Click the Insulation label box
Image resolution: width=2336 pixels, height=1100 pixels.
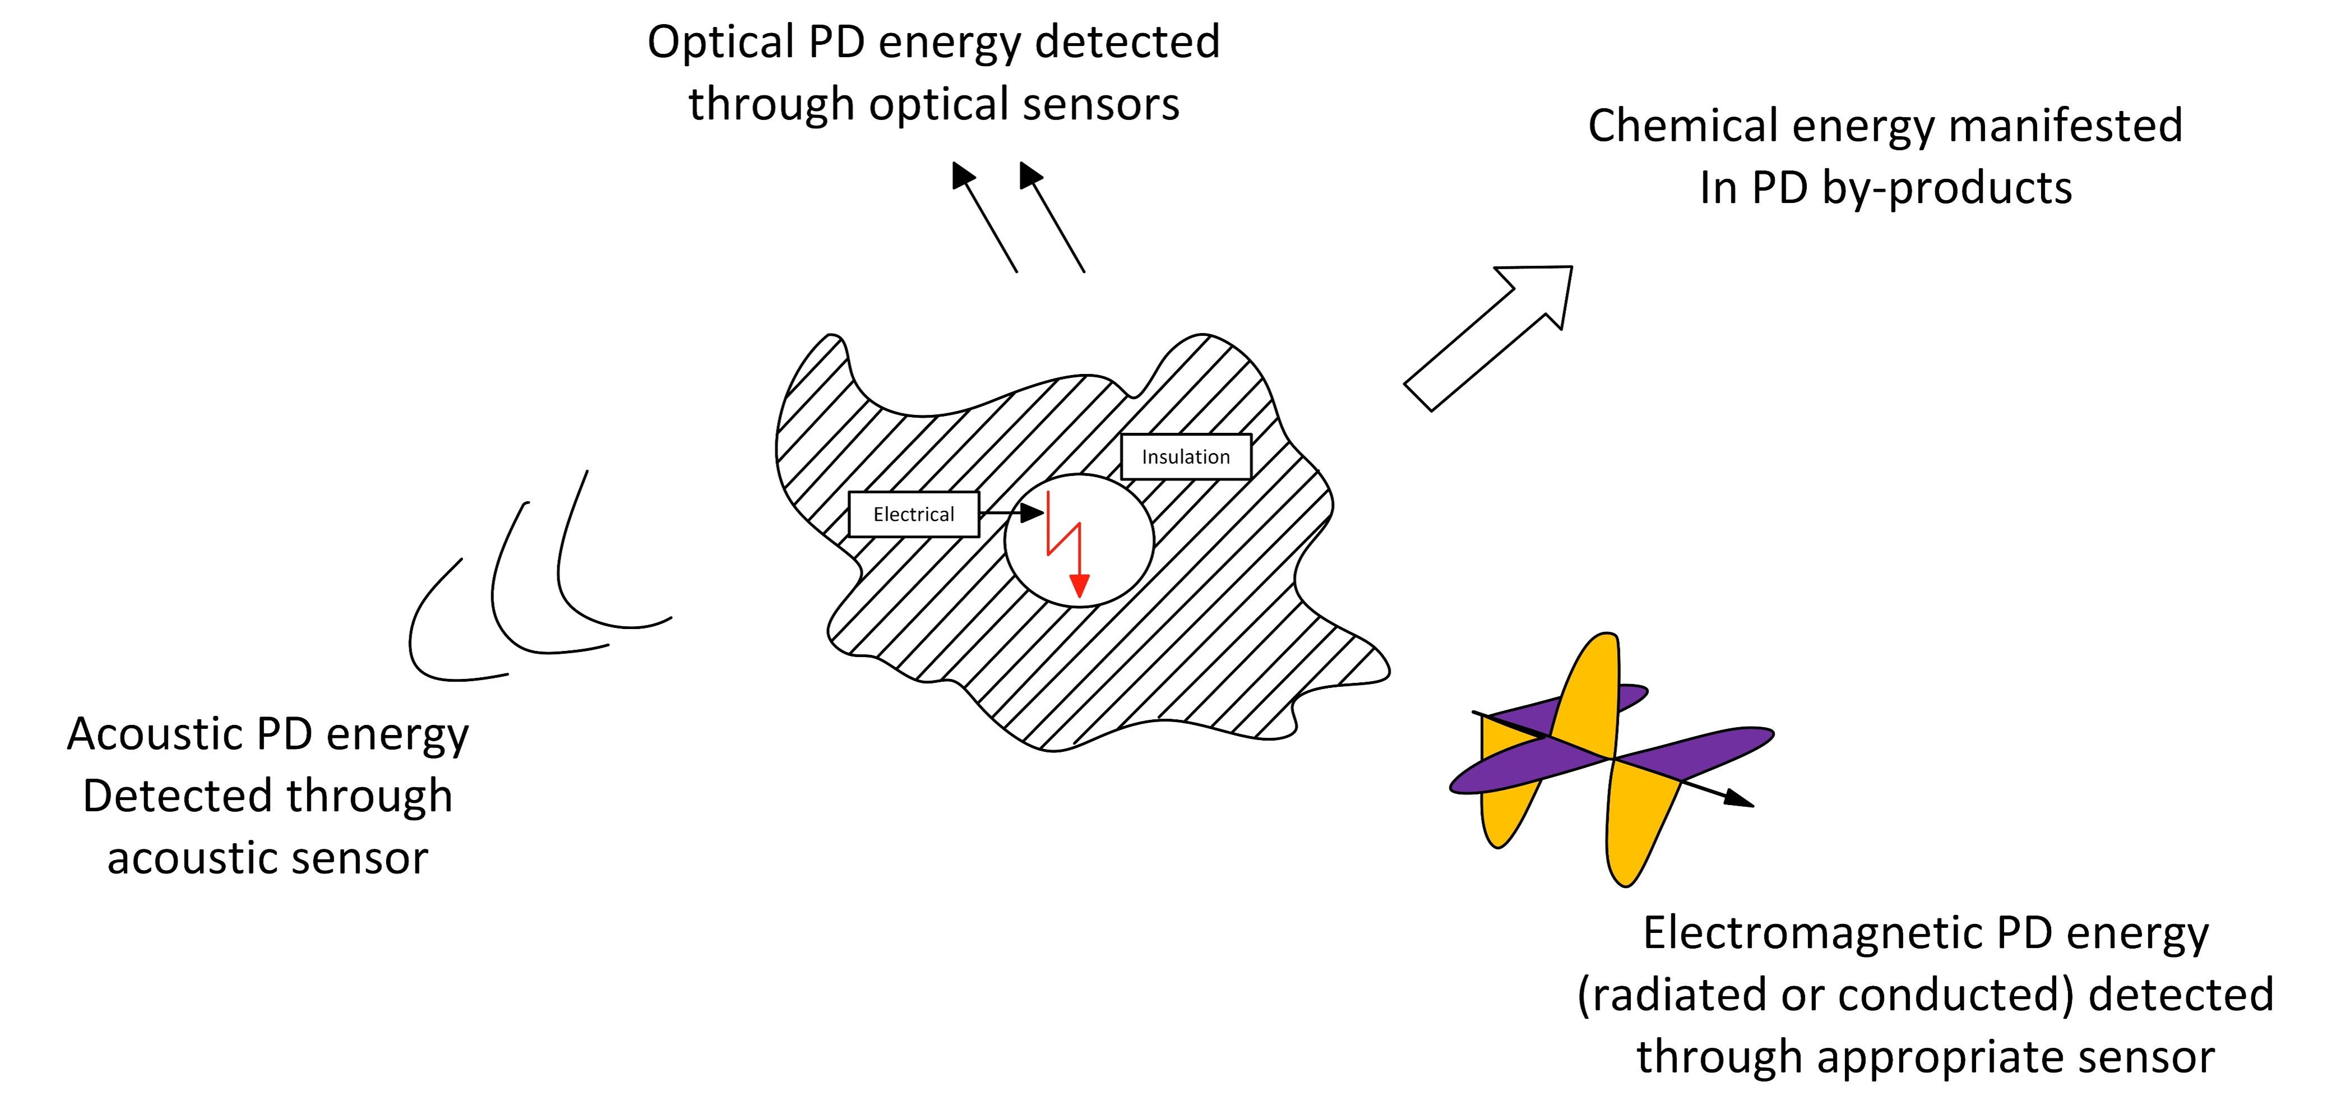pyautogui.click(x=1186, y=456)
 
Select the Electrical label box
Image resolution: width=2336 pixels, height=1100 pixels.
pyautogui.click(x=914, y=514)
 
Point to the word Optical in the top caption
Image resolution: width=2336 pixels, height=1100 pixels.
pyautogui.click(x=722, y=43)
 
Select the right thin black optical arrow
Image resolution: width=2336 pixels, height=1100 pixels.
pyautogui.click(x=1052, y=217)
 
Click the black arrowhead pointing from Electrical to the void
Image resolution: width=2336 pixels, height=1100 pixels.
pyautogui.click(x=1032, y=512)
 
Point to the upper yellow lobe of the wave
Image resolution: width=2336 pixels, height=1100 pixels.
pyautogui.click(x=1587, y=689)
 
